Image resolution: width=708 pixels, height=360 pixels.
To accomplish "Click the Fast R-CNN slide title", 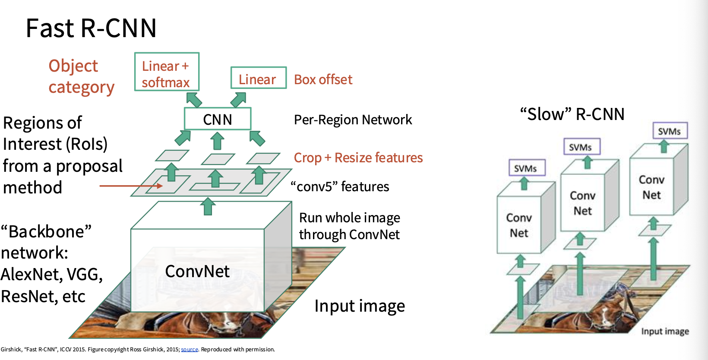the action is (91, 28).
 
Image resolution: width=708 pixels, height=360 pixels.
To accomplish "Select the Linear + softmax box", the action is (167, 72).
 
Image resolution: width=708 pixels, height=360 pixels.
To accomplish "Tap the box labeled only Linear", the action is (259, 78).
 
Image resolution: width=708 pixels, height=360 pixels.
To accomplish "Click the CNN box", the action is (218, 119).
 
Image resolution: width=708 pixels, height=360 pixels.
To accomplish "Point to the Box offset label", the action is (323, 80).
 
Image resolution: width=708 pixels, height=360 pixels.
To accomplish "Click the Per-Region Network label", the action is (353, 120).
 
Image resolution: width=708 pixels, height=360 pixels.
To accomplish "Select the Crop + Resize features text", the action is (358, 158).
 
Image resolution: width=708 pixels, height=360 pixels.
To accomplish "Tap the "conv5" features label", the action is (340, 186).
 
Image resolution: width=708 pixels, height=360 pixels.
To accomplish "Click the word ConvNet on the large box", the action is (197, 271).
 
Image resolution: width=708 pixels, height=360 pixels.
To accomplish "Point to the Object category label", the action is (81, 77).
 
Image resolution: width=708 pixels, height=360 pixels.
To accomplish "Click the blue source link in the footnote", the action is (190, 349).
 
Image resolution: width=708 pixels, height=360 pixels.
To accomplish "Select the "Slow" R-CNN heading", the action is (572, 114).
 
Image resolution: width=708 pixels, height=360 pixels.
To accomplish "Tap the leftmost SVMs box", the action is (527, 167).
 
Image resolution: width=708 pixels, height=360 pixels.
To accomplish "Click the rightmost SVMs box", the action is (670, 130).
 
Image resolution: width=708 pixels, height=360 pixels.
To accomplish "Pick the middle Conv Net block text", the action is (582, 203).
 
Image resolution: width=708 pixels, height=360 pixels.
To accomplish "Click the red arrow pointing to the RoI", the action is (131, 186).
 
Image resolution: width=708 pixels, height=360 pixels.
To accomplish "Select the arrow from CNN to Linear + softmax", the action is (194, 100).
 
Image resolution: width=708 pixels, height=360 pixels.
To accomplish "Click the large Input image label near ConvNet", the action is (360, 306).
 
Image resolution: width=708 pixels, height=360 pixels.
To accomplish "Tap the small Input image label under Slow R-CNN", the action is (665, 331).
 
